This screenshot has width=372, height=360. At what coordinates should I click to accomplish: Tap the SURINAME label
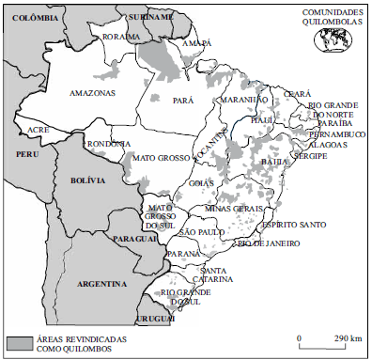(x=150, y=17)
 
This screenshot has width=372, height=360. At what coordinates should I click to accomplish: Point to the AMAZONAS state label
(x=91, y=94)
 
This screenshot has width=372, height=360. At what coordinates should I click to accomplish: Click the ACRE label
(x=39, y=128)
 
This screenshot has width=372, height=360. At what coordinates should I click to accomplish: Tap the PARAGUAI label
(x=133, y=241)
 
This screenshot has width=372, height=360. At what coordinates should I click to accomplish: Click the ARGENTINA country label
(x=102, y=283)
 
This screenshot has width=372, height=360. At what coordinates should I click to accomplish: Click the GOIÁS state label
(x=201, y=184)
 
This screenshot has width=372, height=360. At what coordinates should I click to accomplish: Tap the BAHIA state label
(x=275, y=162)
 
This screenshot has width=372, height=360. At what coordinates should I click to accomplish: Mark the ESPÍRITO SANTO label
(x=294, y=225)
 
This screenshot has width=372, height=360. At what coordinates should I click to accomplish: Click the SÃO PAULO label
(x=200, y=231)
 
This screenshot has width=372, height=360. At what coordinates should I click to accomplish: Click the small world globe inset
(x=333, y=39)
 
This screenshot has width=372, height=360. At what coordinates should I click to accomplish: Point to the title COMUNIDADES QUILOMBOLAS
(x=331, y=18)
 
